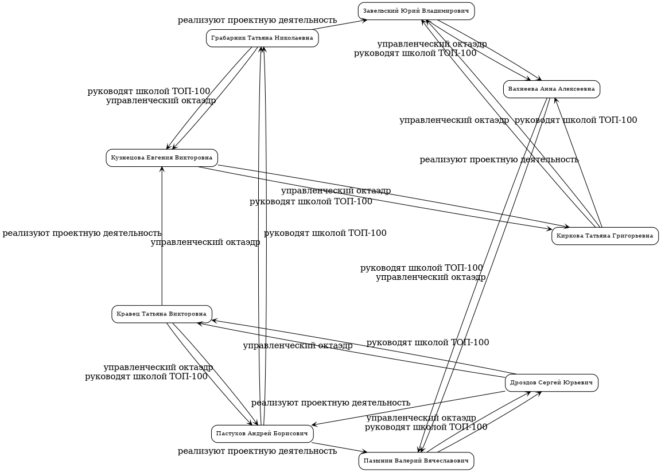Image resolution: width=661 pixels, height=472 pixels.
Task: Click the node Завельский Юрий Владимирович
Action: (x=416, y=11)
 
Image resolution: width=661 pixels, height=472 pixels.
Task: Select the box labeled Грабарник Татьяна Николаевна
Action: (x=262, y=38)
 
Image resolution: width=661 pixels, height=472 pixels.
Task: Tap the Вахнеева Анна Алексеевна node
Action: (x=551, y=89)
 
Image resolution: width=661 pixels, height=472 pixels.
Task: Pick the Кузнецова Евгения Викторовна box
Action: (x=162, y=158)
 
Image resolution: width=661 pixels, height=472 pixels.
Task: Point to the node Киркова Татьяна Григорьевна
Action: (x=605, y=236)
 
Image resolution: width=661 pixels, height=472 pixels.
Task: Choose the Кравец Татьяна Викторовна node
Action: (x=162, y=314)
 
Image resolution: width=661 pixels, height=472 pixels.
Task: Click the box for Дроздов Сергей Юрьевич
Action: (x=551, y=383)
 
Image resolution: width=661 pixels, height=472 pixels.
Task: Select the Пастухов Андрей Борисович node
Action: (x=262, y=434)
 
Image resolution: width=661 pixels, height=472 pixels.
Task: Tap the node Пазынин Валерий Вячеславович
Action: (x=416, y=461)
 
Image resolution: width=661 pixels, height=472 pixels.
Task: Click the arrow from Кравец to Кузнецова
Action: (x=162, y=241)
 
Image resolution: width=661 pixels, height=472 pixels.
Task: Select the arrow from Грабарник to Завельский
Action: (x=339, y=25)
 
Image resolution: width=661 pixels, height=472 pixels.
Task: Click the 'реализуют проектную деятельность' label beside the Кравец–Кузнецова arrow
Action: (x=81, y=233)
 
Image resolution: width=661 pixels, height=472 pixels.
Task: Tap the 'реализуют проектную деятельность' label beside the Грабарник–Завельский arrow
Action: (x=257, y=21)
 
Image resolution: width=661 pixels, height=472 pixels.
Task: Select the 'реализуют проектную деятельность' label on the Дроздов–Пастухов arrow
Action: (x=330, y=403)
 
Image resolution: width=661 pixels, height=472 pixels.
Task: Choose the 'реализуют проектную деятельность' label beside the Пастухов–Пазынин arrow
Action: (x=257, y=451)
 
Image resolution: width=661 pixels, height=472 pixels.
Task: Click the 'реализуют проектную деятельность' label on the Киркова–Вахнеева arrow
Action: (x=499, y=159)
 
